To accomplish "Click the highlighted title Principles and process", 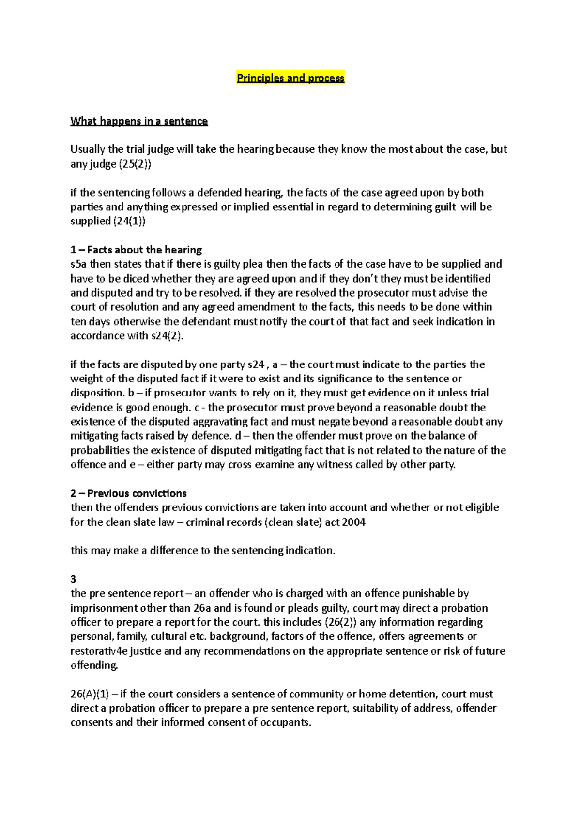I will point(290,78).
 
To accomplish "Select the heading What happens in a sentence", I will point(139,121).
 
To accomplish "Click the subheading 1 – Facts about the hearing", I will point(136,250).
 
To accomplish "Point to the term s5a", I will point(79,264).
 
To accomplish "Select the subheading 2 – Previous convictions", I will point(128,493).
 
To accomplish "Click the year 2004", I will point(353,522).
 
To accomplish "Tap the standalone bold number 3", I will point(73,579).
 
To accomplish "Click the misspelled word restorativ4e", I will point(99,651).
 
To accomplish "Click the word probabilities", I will point(100,450).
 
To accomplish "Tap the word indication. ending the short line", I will point(310,551).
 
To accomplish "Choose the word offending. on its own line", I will point(94,665).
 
